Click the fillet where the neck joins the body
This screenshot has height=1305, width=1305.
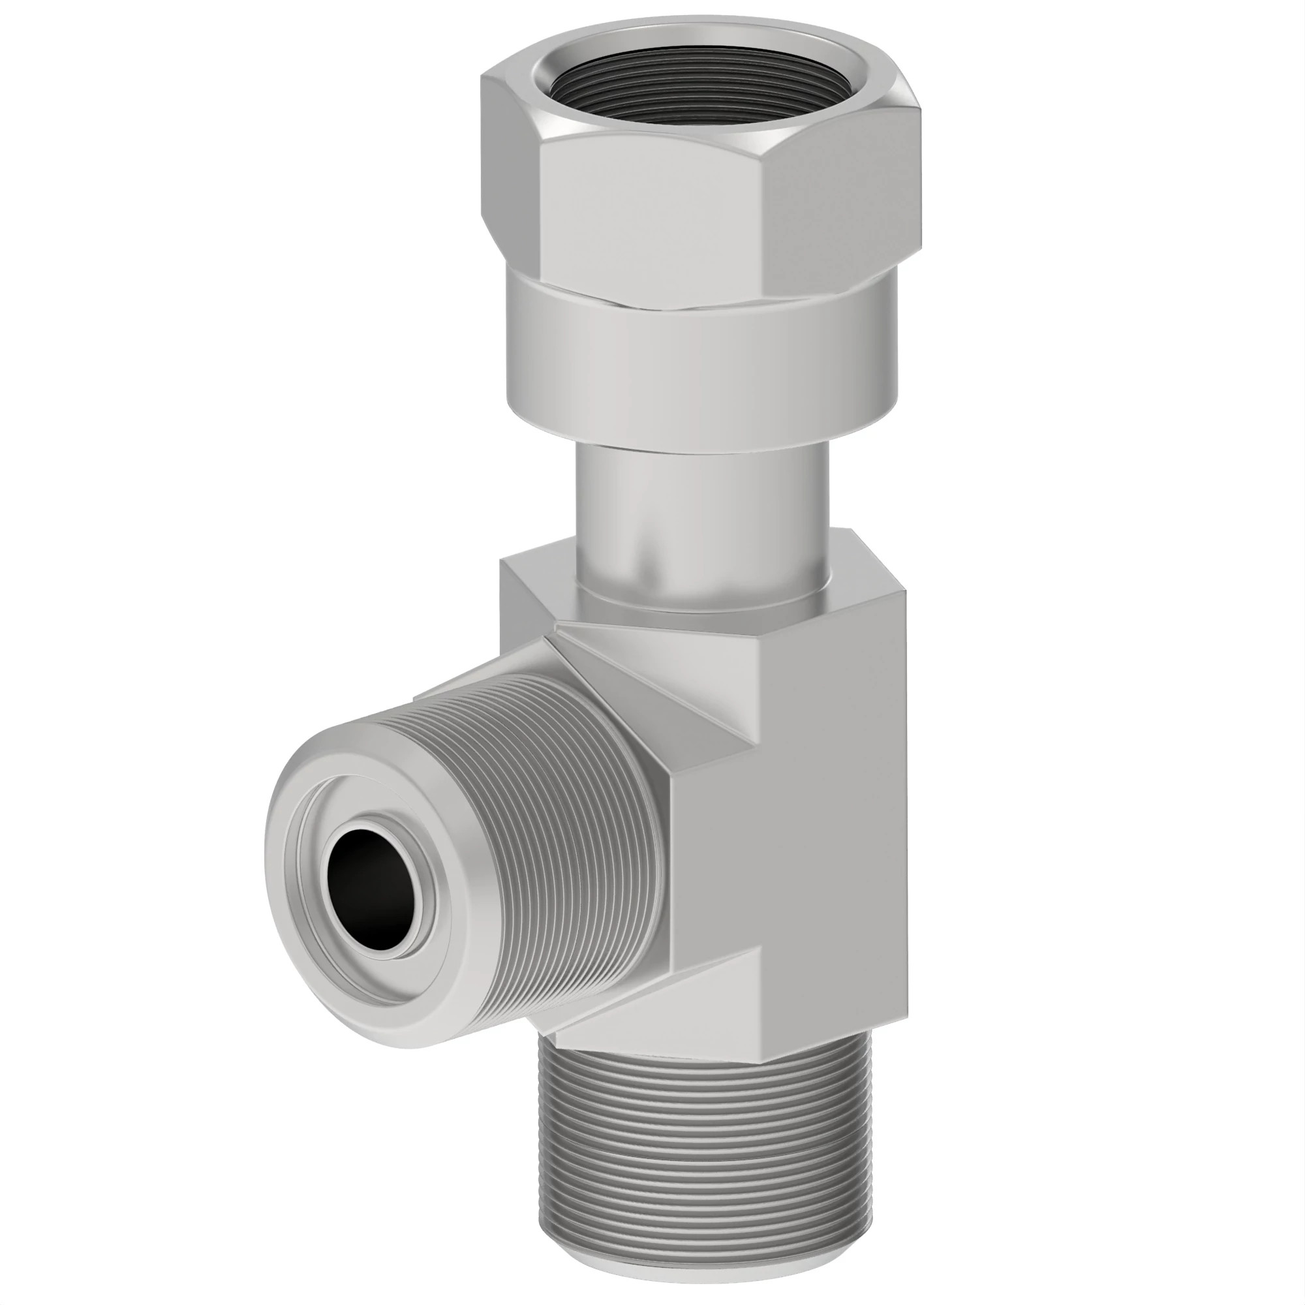(x=703, y=601)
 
